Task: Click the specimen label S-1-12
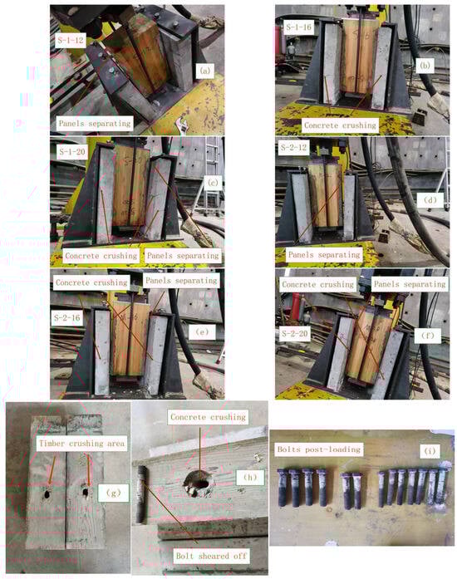71,40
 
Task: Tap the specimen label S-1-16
299,27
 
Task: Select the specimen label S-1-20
72,152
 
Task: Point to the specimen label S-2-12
293,148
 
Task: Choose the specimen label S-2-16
66,317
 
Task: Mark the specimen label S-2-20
294,334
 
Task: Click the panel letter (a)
204,71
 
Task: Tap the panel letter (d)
430,199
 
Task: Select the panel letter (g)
113,493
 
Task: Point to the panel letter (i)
430,450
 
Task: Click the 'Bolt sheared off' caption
211,556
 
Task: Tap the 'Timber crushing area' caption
82,443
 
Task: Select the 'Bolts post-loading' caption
319,449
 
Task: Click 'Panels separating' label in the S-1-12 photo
95,123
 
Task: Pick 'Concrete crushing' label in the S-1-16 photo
340,125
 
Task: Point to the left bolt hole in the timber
47,493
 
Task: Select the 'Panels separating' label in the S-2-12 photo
324,255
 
